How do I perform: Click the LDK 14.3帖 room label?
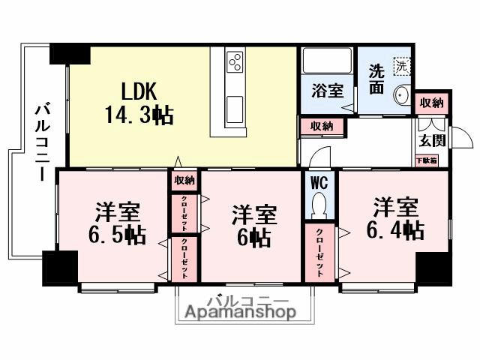139,103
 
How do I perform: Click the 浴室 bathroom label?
327,91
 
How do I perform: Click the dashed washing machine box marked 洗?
403,66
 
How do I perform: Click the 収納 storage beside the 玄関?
431,103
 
